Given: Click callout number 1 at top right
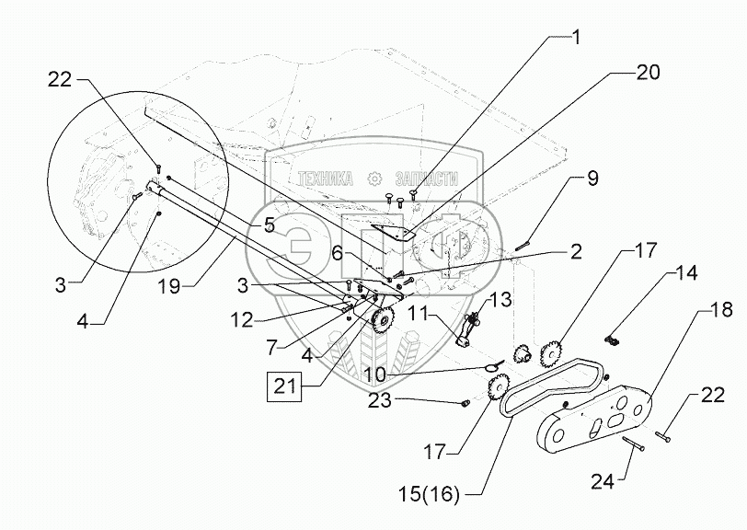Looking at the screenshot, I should click(x=576, y=38).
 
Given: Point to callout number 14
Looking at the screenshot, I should click(x=686, y=273).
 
